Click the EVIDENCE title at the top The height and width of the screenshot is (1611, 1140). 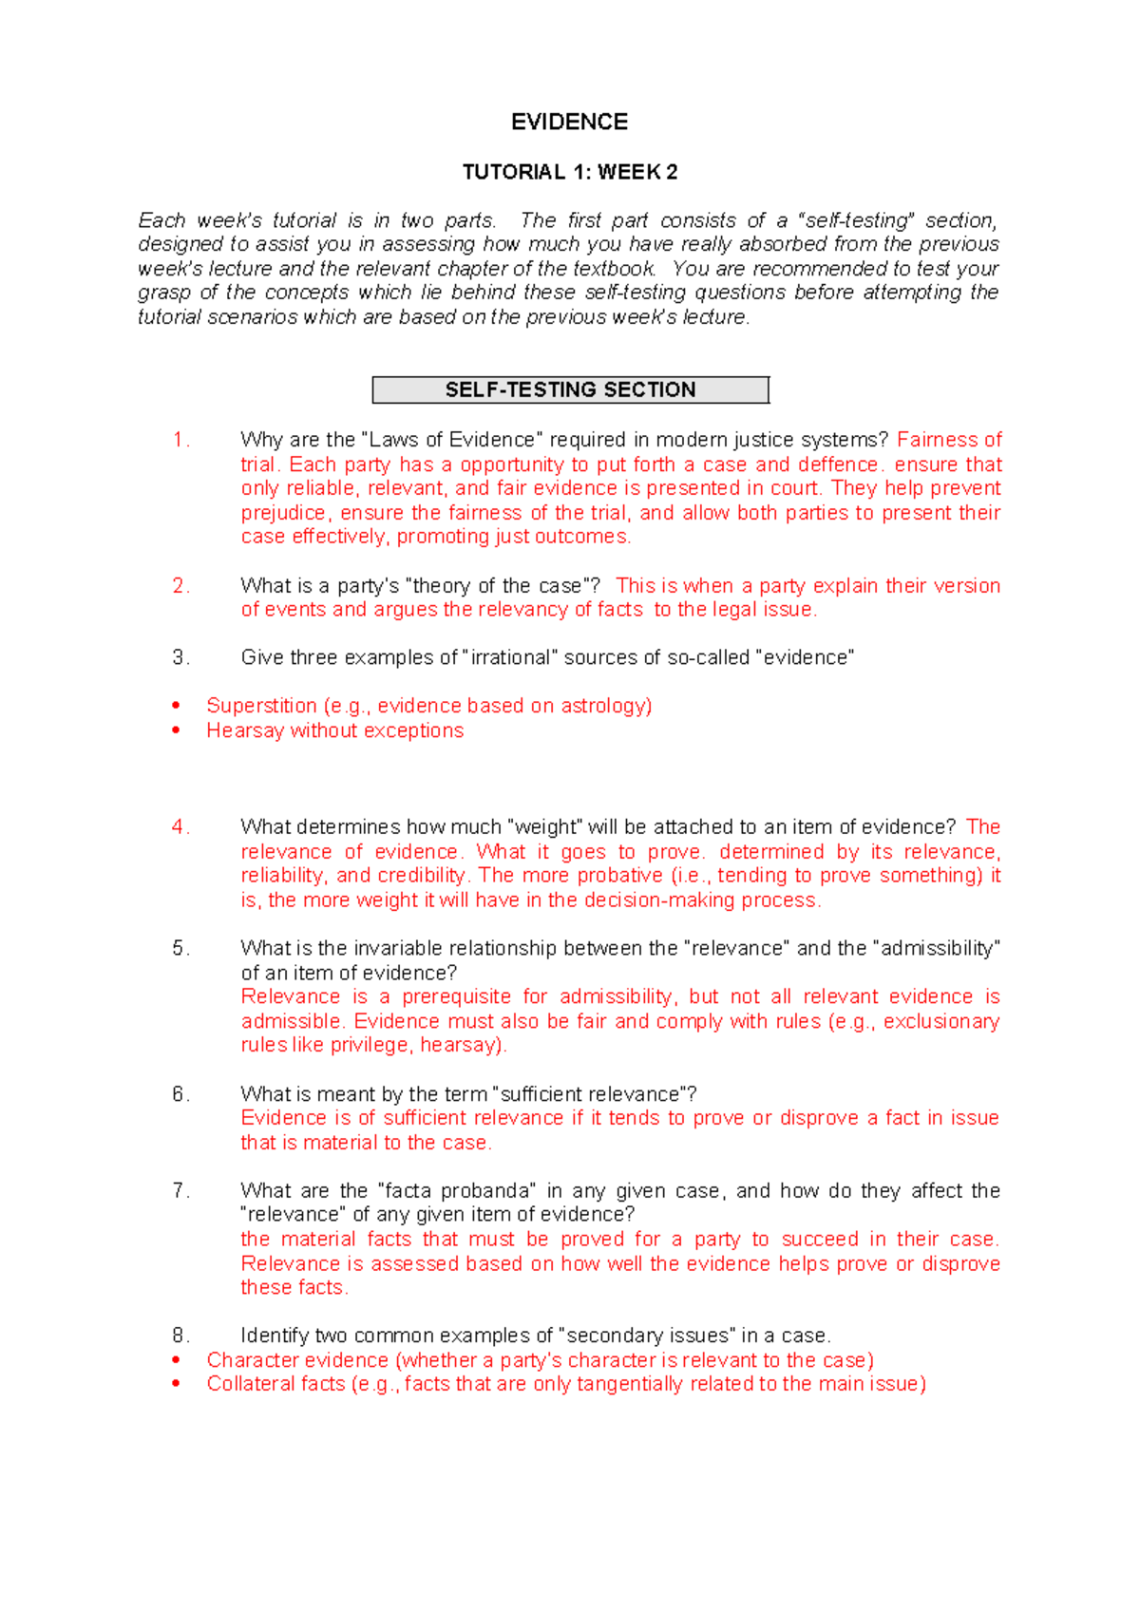[569, 123]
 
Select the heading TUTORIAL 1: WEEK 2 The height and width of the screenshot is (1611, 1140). [569, 172]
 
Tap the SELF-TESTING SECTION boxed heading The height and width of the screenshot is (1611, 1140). [570, 389]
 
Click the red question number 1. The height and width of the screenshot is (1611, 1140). [180, 440]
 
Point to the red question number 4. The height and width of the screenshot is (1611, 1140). [180, 827]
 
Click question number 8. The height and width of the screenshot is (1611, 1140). [180, 1336]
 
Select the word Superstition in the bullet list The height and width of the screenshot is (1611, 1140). [261, 706]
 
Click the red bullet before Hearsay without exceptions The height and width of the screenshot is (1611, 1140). [176, 730]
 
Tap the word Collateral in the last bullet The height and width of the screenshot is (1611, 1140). [250, 1384]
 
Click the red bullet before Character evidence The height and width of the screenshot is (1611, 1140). [176, 1360]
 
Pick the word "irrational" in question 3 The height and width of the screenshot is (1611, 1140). [510, 657]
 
